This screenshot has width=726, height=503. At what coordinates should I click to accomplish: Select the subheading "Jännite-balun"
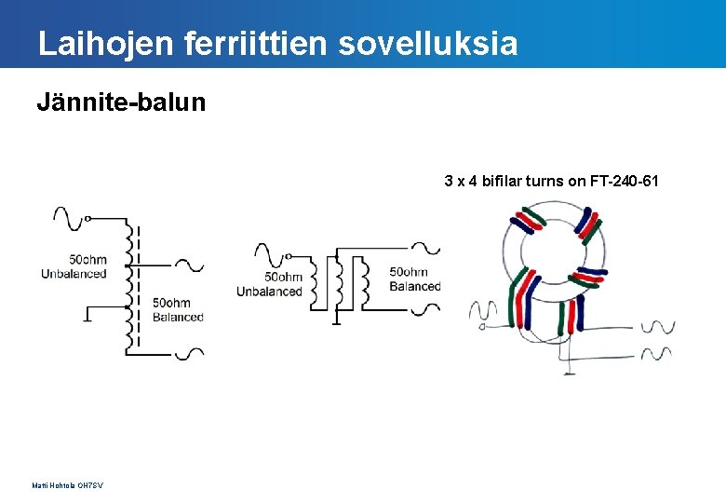tap(121, 102)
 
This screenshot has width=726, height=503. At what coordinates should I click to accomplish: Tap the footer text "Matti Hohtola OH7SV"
tap(67, 485)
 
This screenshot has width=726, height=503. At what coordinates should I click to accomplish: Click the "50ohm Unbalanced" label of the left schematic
tap(74, 266)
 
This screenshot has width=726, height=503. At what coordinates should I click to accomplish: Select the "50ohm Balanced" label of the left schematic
tap(177, 310)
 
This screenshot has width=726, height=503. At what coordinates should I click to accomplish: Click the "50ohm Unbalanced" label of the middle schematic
tap(270, 284)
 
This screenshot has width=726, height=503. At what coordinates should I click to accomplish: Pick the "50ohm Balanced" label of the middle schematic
tap(414, 279)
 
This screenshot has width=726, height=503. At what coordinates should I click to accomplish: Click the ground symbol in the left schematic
tap(86, 313)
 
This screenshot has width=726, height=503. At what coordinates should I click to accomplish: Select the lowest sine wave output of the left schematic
tap(190, 354)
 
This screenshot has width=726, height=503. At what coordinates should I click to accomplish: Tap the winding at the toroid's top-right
tap(587, 223)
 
